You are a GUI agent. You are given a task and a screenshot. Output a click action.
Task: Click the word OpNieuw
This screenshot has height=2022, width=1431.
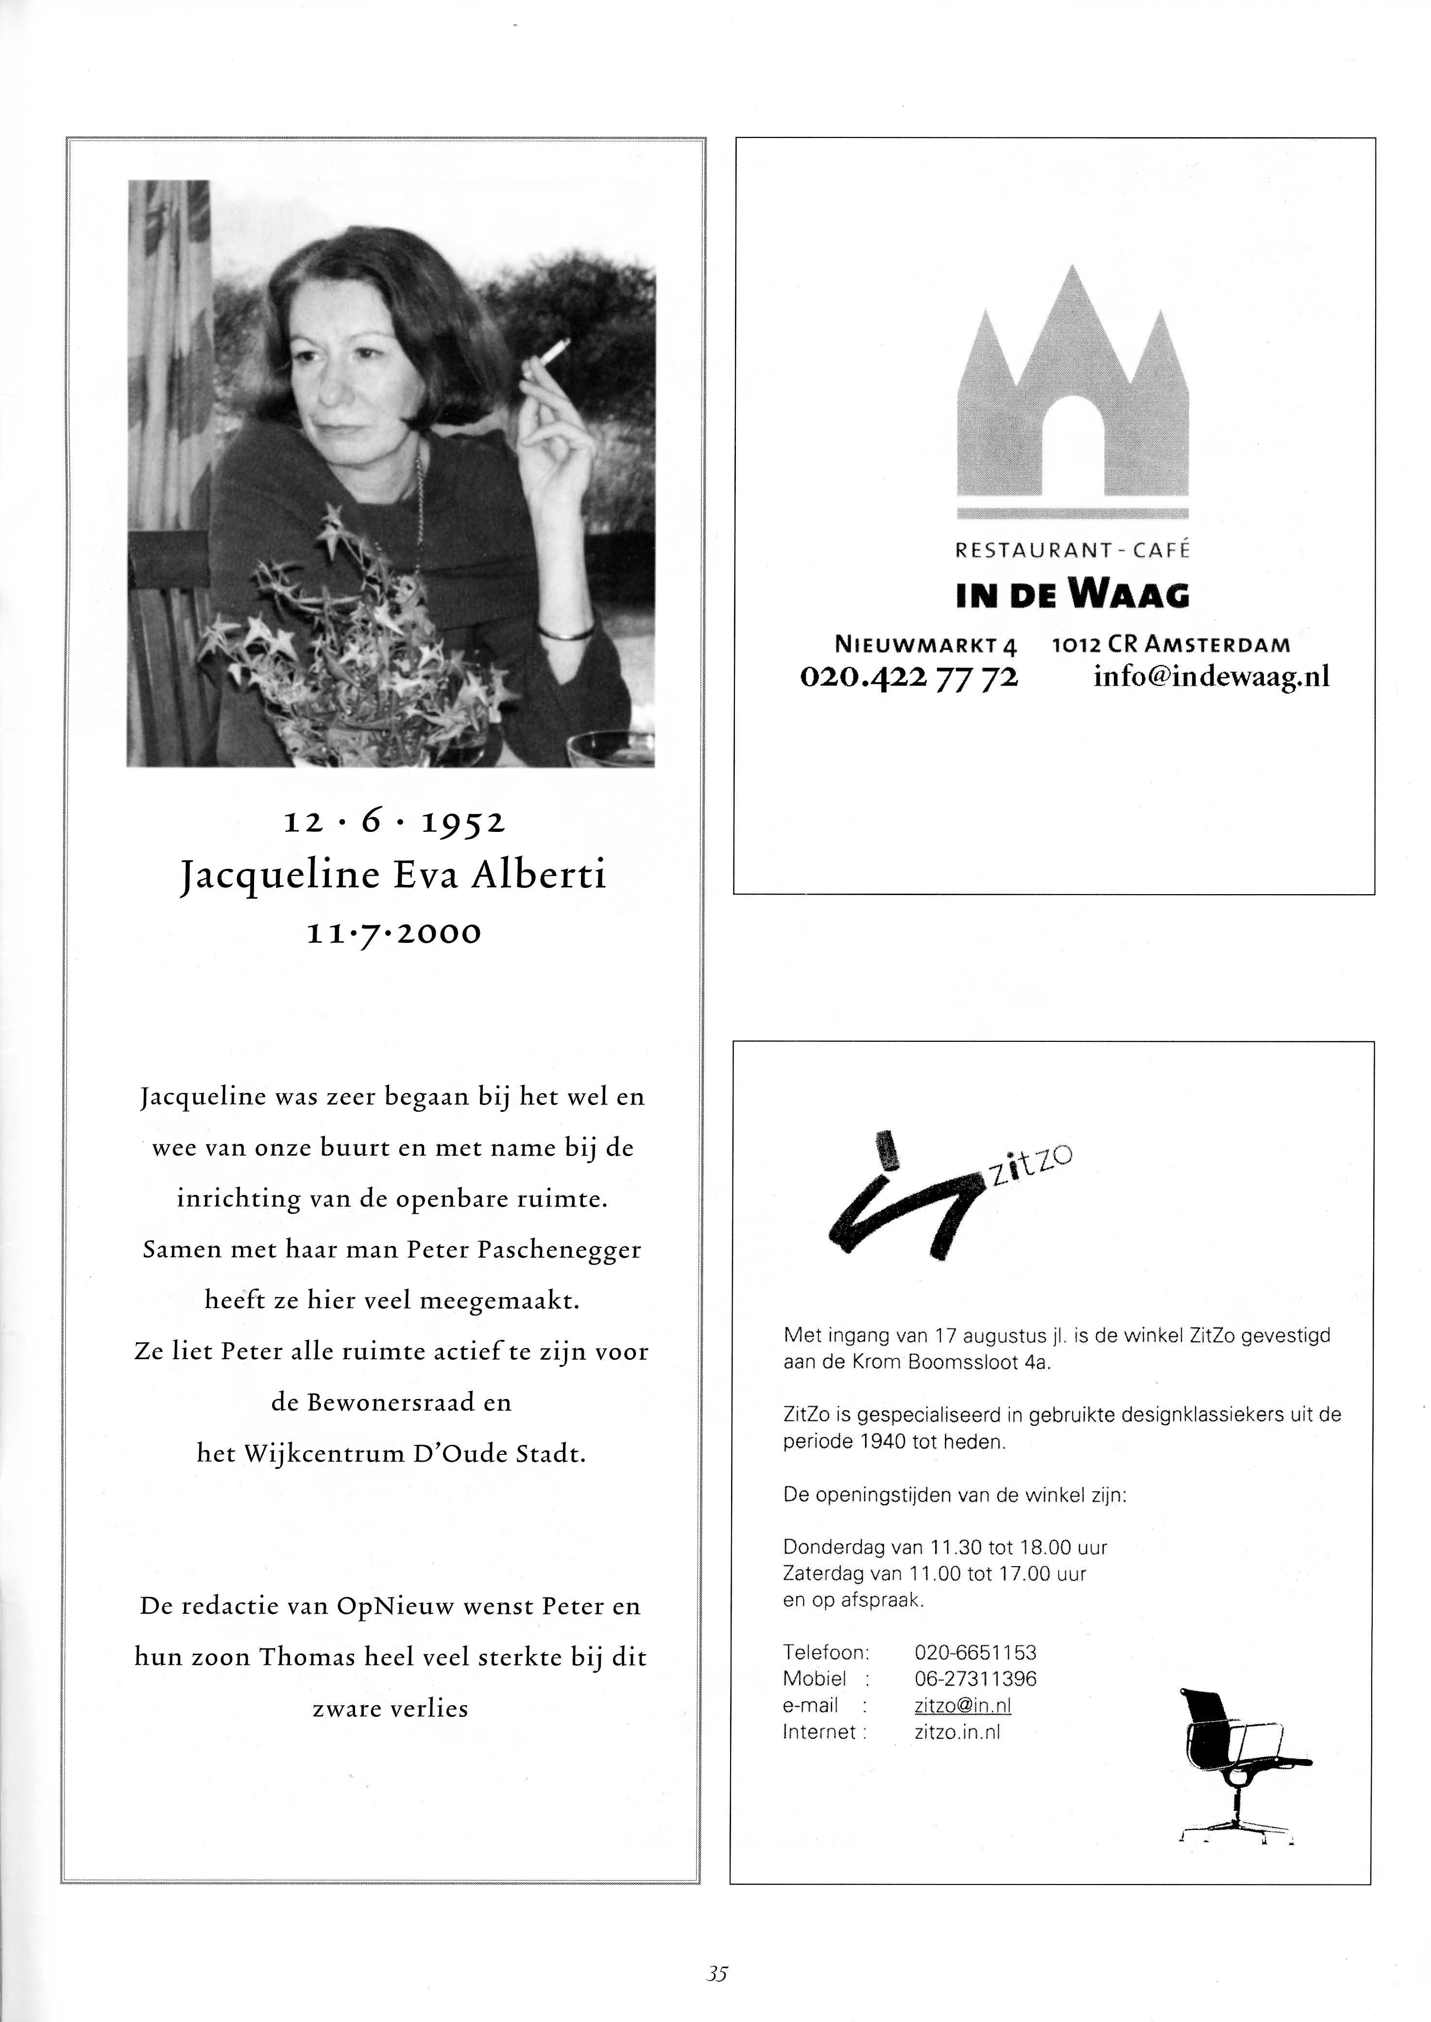(x=395, y=1606)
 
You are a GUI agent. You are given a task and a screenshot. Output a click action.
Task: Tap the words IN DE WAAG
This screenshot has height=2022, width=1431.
(x=1073, y=596)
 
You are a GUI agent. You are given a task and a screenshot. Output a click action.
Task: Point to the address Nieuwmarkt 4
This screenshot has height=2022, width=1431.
(x=925, y=644)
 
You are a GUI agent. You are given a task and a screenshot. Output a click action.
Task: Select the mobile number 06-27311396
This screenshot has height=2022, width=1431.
(x=975, y=1678)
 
